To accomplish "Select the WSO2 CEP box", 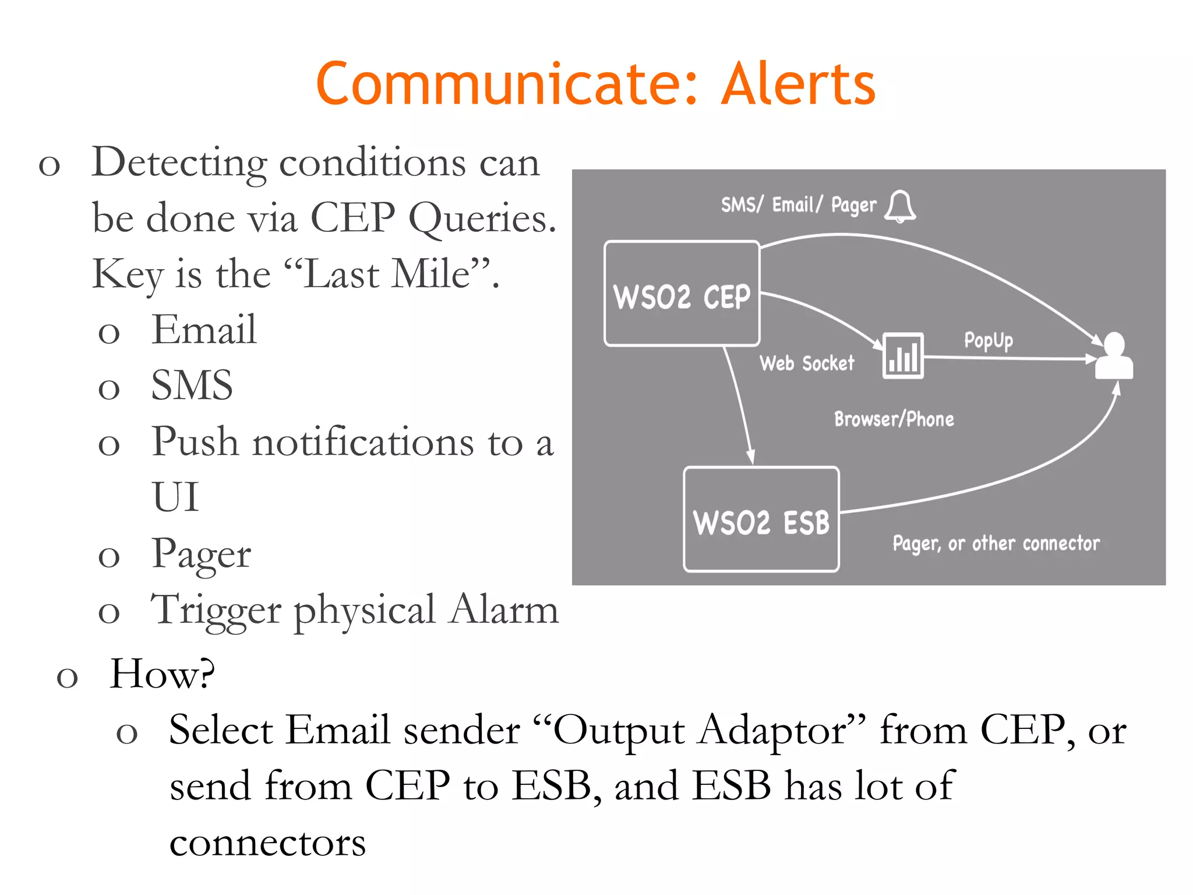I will click(682, 294).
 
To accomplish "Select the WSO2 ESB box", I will click(761, 520).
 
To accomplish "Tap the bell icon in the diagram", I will click(900, 206).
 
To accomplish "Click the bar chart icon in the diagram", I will click(902, 355).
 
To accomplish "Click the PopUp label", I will click(988, 340).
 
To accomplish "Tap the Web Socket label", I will click(807, 364).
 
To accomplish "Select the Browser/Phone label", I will click(894, 420).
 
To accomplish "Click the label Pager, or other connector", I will click(996, 544).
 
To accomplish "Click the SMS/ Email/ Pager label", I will click(798, 205).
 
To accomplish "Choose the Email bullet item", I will click(204, 330).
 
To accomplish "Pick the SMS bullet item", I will click(192, 386).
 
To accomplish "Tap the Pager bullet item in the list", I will click(201, 554).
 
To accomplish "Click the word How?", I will click(163, 674).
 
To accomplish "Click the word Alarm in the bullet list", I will click(504, 609).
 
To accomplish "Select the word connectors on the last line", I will click(267, 843).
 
